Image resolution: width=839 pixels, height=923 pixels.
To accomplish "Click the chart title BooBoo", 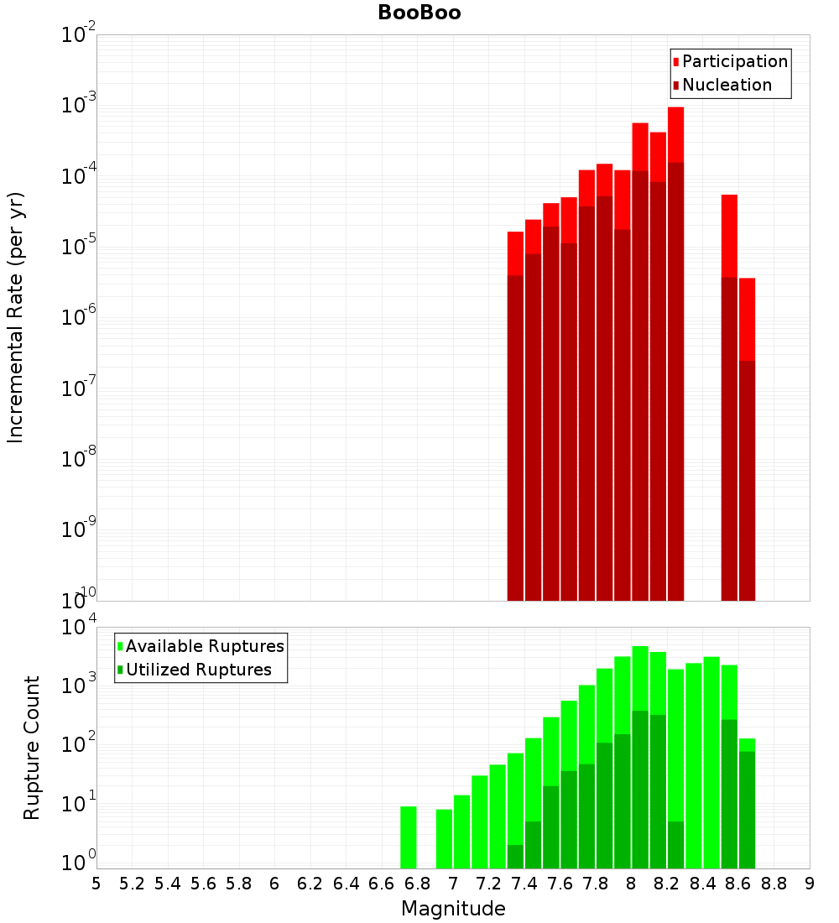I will pos(419,13).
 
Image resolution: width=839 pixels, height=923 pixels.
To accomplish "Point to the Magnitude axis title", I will pos(453,909).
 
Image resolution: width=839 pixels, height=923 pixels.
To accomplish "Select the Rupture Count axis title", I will pos(32,747).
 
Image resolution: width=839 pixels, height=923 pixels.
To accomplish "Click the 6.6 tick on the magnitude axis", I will pos(382,884).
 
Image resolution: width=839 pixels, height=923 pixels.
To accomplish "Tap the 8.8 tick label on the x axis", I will pos(774,884).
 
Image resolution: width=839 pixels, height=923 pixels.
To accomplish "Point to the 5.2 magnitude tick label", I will pos(133,884).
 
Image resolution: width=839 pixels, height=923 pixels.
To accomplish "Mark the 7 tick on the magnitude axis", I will pos(453,884).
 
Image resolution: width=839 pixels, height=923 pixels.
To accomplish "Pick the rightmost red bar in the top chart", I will pos(747,319).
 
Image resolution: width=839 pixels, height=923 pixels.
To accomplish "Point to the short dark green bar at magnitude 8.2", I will pos(675,845).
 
